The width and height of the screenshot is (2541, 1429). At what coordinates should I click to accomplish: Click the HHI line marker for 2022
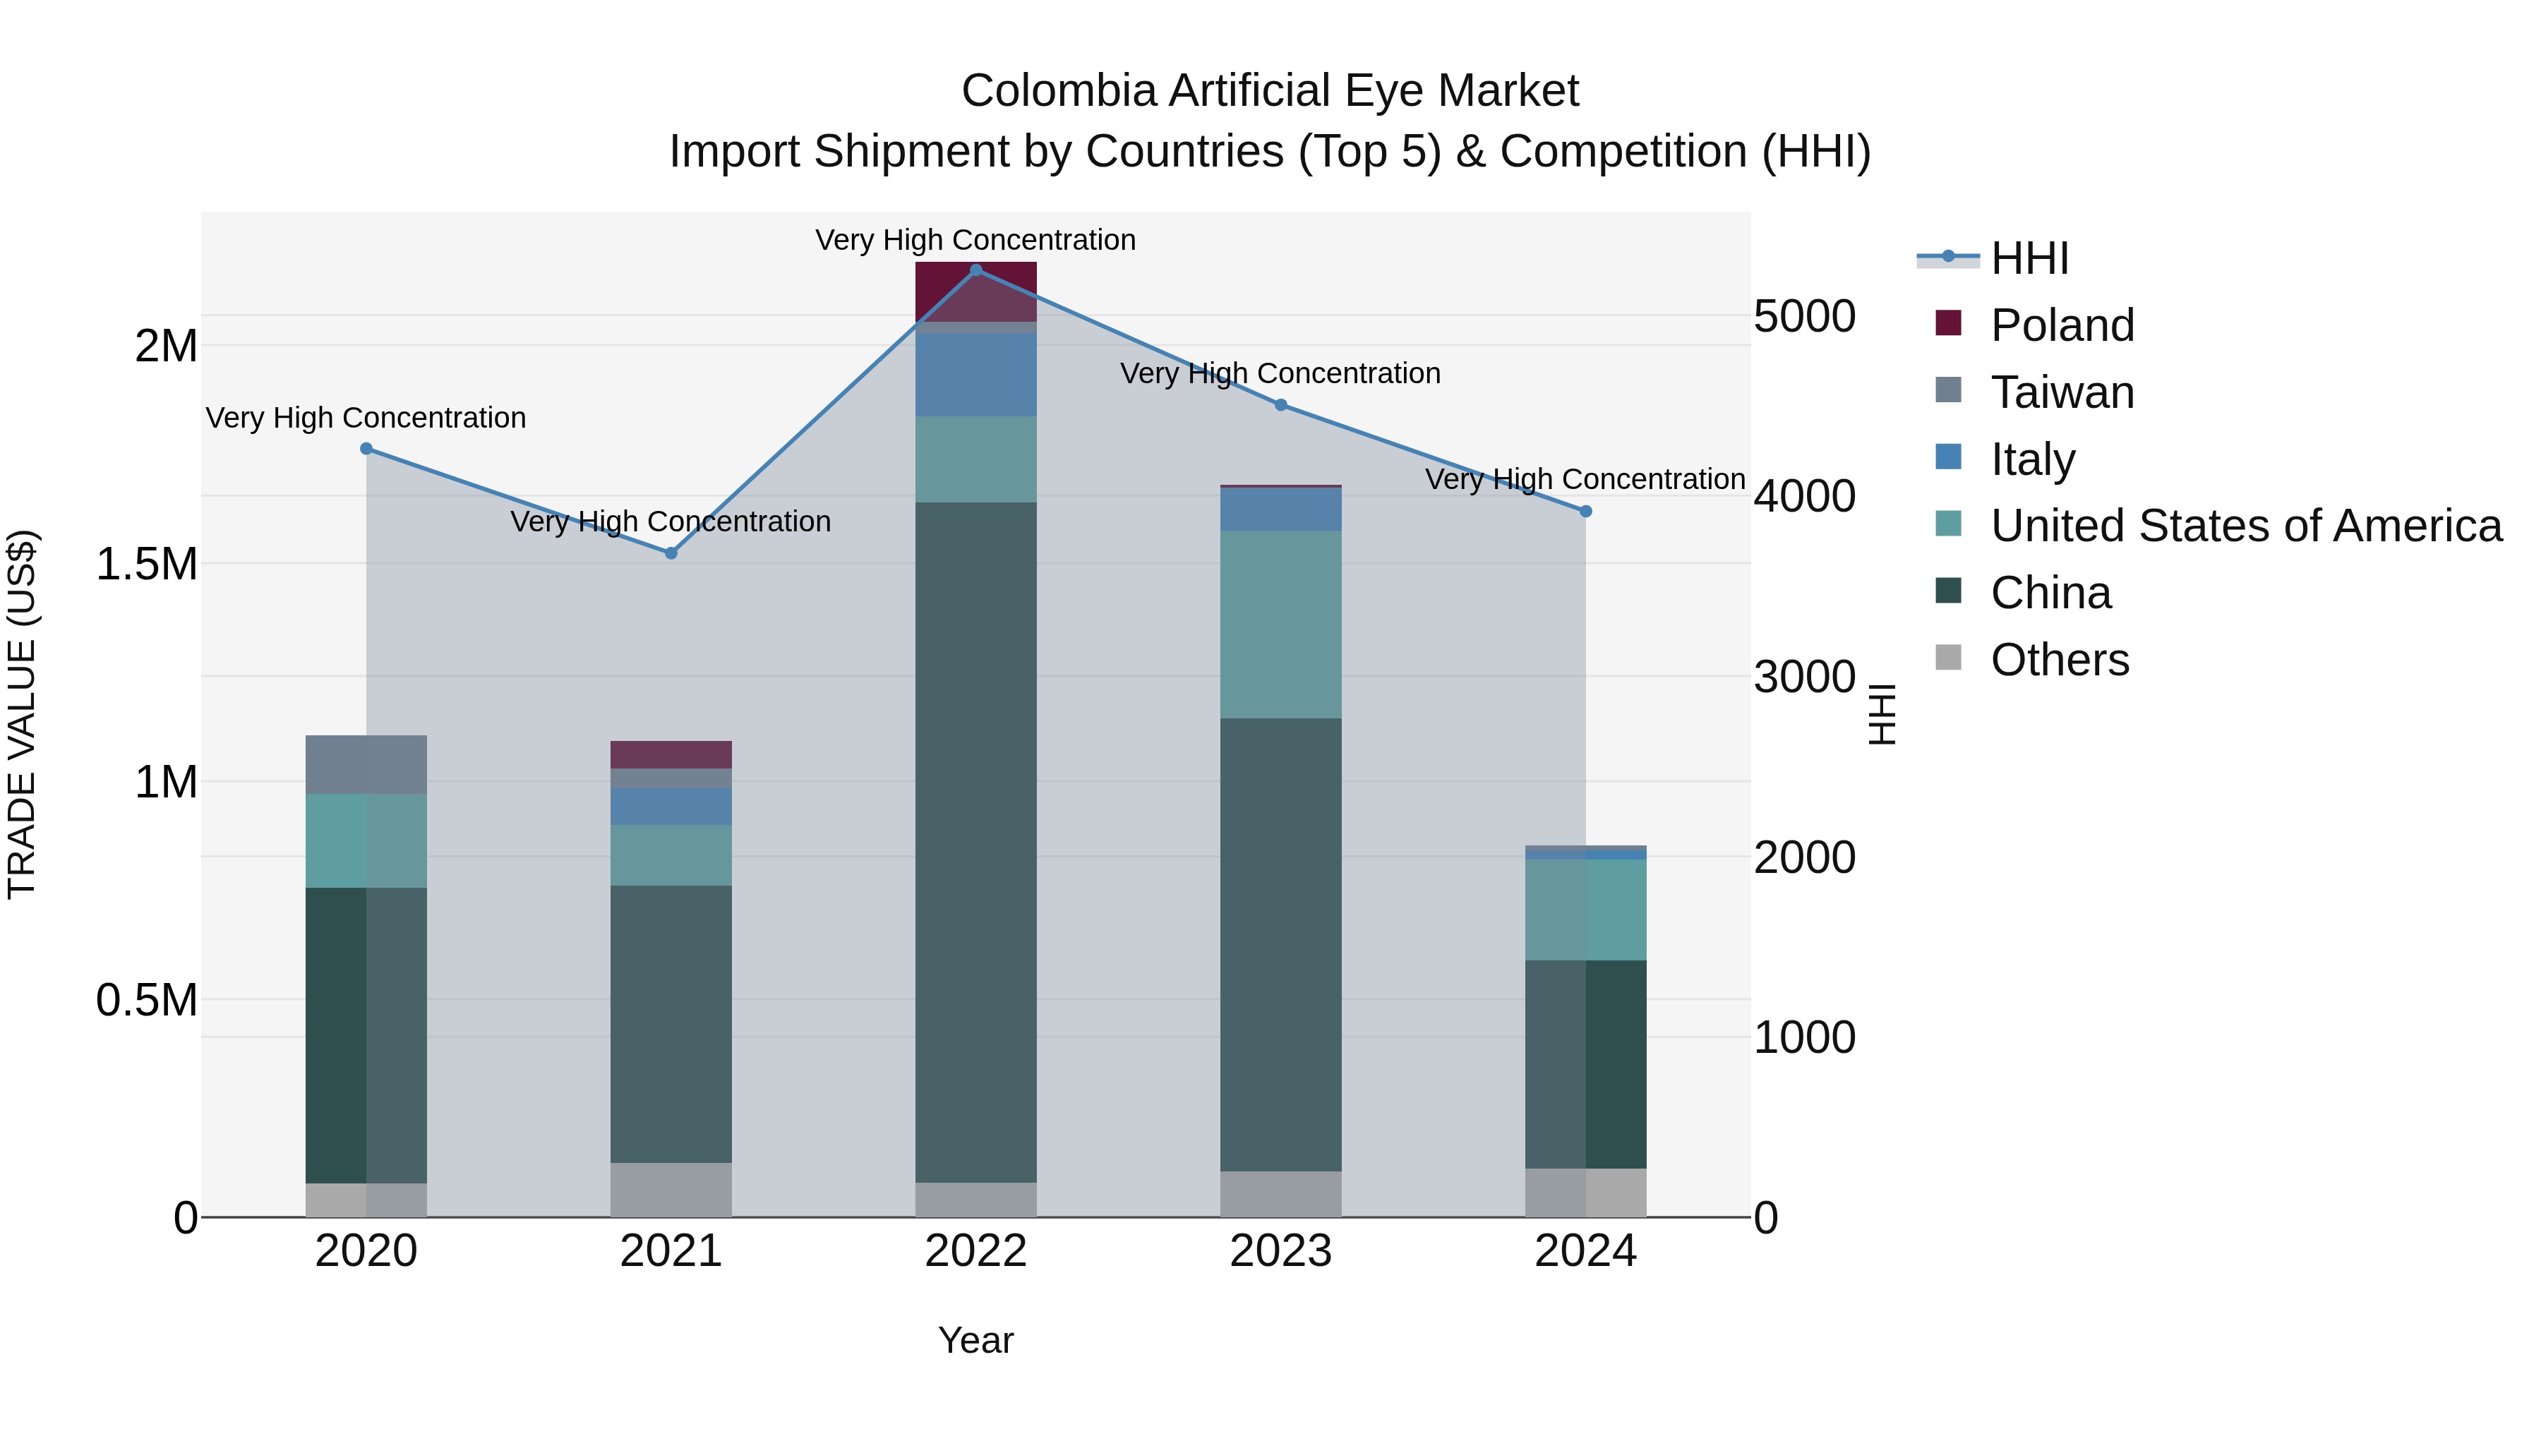975,270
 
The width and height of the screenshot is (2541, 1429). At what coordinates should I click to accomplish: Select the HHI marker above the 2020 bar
366,449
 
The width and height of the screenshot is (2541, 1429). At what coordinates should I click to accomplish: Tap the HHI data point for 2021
671,553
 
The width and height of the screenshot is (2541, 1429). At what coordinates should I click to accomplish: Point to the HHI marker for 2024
1585,512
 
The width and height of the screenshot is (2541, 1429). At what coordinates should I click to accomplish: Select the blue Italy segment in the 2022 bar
975,375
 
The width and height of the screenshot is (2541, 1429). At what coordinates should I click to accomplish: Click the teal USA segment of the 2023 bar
1280,625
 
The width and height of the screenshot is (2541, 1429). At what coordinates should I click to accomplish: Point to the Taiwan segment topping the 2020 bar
366,764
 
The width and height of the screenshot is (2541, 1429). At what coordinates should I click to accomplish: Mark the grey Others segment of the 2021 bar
671,1189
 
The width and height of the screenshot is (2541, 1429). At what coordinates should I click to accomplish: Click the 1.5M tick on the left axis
146,565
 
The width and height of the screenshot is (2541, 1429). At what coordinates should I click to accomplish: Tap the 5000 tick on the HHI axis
1804,317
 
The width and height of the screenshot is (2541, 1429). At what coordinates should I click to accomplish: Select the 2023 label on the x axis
1280,1251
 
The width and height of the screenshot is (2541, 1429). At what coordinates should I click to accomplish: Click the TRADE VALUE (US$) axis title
22,714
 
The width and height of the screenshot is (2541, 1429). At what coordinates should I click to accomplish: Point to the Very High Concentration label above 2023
1280,374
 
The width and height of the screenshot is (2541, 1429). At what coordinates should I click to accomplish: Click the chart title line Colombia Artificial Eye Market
1270,91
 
